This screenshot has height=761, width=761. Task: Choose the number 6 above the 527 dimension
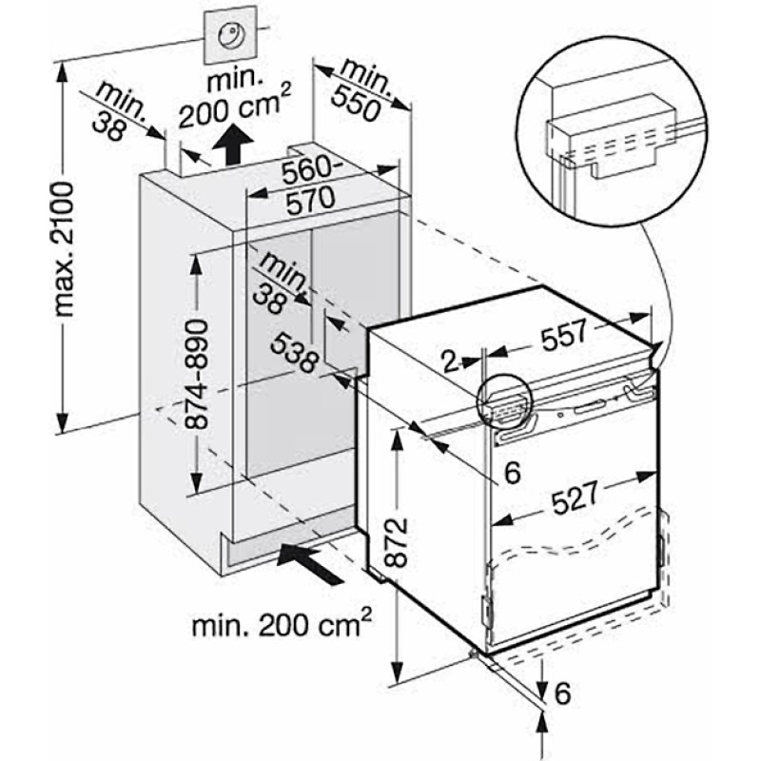tap(513, 472)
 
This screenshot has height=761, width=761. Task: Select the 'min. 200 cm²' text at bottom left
tap(282, 625)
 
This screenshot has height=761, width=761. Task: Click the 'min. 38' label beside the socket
tap(120, 112)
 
